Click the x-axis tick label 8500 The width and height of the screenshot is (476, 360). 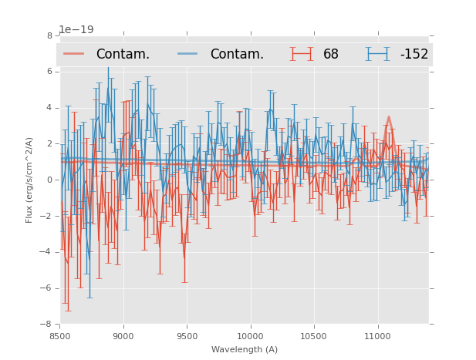pyautogui.click(x=59, y=336)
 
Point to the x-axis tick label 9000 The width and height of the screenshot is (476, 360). pyautogui.click(x=123, y=336)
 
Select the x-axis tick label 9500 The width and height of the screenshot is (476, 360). pyautogui.click(x=187, y=336)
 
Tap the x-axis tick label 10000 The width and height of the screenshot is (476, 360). pyautogui.click(x=250, y=336)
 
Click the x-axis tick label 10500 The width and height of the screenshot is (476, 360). pyautogui.click(x=313, y=336)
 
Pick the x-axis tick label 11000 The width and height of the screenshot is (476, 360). pyautogui.click(x=377, y=336)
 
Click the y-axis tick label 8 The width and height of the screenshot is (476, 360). pyautogui.click(x=49, y=35)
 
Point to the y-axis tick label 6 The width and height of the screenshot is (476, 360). pyautogui.click(x=49, y=72)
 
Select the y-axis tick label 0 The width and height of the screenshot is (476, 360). pyautogui.click(x=49, y=180)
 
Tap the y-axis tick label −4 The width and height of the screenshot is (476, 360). pyautogui.click(x=47, y=252)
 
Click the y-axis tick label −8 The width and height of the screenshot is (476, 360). pyautogui.click(x=47, y=325)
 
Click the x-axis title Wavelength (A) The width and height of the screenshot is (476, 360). pyautogui.click(x=244, y=349)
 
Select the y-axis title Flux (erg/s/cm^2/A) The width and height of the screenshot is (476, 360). pyautogui.click(x=29, y=180)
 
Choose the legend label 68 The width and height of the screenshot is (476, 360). pyautogui.click(x=331, y=54)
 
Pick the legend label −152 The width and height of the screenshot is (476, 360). pyautogui.click(x=414, y=54)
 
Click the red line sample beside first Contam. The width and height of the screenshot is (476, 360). pyautogui.click(x=74, y=54)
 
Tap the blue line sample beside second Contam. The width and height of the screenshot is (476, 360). pyautogui.click(x=188, y=54)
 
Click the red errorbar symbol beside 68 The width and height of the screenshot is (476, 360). pyautogui.click(x=302, y=54)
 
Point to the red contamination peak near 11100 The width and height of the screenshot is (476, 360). pyautogui.click(x=388, y=118)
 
